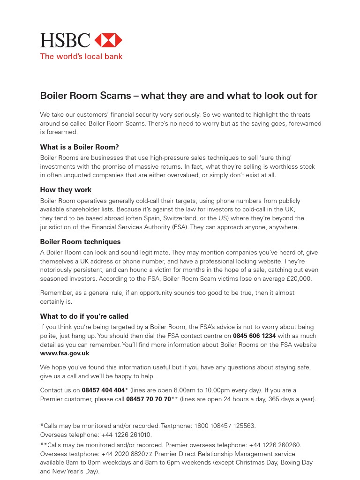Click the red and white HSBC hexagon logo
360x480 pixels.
[108, 40]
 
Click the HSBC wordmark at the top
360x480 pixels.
[65, 40]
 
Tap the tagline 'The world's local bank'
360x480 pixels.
[81, 57]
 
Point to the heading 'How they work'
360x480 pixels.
[66, 190]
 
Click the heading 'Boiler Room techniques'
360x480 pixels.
[80, 242]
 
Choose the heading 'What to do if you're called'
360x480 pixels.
[84, 316]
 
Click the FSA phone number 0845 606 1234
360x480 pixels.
[255, 336]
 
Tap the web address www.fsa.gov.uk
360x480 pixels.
[65, 353]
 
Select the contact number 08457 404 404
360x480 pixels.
[103, 390]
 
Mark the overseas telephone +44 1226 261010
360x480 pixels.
[127, 435]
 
